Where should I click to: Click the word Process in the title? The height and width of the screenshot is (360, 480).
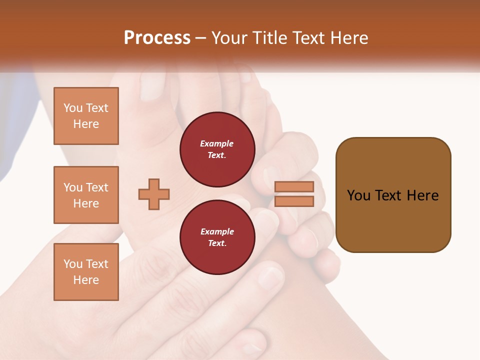[157, 38]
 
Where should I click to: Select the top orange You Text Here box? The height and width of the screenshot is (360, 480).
[86, 116]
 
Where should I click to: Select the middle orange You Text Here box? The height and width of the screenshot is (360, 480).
[86, 195]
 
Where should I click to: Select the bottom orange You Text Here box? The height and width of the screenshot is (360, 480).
[86, 272]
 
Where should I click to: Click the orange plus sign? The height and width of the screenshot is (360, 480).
[154, 194]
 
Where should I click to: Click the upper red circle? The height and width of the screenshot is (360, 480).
[217, 149]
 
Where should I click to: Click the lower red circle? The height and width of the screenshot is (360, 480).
[217, 237]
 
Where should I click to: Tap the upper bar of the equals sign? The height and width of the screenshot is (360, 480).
[294, 187]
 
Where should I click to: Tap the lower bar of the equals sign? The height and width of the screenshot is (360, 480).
[294, 201]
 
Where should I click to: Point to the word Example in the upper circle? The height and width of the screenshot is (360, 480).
[217, 143]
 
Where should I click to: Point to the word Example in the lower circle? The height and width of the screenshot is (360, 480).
[217, 231]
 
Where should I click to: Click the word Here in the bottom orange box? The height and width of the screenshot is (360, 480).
[86, 280]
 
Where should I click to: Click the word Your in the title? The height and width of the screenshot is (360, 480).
[229, 38]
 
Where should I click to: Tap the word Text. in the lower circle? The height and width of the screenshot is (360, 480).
[217, 243]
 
